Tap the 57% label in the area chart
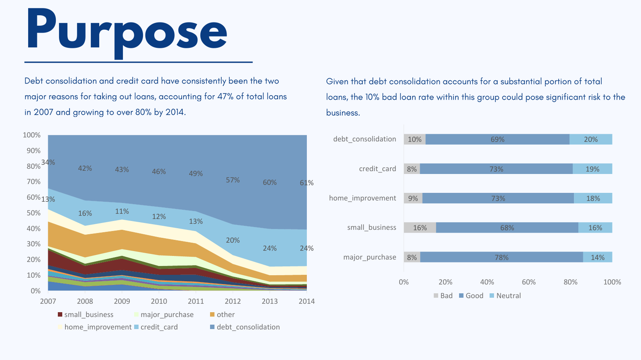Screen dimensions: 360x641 [x=233, y=180]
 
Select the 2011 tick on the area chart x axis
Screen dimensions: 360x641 [x=196, y=301]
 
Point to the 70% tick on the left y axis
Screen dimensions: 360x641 [x=34, y=182]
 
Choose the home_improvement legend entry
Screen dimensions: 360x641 [x=95, y=327]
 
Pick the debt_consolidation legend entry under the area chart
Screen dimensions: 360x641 [x=245, y=327]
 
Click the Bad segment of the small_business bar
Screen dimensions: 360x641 [x=420, y=228]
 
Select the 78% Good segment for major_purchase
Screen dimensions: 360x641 [x=502, y=257]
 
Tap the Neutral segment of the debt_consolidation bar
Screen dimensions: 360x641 [x=591, y=139]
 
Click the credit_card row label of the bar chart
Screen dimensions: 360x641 [x=378, y=169]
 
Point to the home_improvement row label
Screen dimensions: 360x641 [x=363, y=198]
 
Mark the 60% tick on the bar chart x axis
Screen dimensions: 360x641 [x=529, y=282]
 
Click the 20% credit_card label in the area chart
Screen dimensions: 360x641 [x=233, y=240]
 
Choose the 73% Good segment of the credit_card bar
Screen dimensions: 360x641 [x=496, y=169]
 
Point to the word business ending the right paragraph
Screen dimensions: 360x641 [x=343, y=113]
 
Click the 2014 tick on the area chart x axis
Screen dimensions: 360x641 [x=306, y=301]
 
